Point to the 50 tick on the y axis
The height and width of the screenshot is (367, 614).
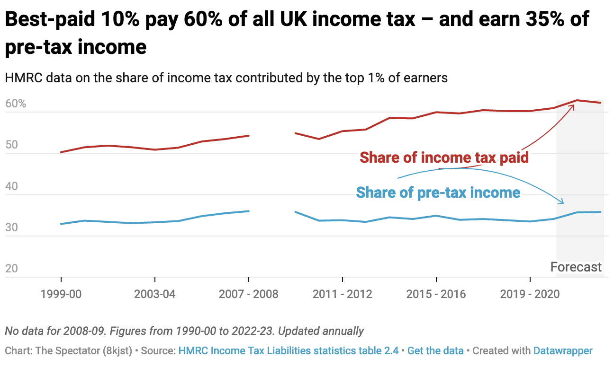tap(13, 145)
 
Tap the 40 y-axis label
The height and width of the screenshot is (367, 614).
tap(13, 186)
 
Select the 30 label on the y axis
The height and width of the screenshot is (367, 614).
tap(13, 227)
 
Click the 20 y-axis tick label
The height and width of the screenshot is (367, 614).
tap(13, 269)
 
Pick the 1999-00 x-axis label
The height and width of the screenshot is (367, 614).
tap(61, 294)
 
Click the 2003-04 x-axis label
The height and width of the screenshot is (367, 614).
tap(154, 294)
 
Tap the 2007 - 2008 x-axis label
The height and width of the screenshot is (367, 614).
tap(248, 294)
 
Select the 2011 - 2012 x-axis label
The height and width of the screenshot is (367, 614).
tap(342, 294)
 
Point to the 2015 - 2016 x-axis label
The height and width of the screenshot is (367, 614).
tap(436, 294)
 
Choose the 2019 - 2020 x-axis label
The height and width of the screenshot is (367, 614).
tap(530, 294)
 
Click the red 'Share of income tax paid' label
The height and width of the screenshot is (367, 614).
tap(444, 157)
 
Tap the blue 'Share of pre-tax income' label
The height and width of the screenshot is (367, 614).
tap(438, 193)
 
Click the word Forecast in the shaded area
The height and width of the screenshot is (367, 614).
tap(576, 267)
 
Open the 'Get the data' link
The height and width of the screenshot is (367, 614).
tap(435, 351)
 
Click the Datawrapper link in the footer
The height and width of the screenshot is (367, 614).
tap(563, 351)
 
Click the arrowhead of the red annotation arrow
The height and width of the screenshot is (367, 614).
tap(573, 106)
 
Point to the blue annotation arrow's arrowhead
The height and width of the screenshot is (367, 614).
tap(562, 202)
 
